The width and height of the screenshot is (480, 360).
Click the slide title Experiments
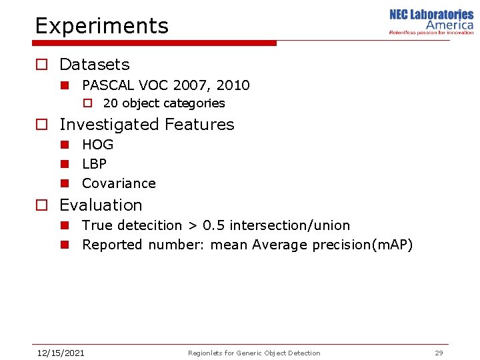point(101,26)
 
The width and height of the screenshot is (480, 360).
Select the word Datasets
point(94,65)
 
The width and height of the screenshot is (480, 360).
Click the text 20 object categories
point(164,103)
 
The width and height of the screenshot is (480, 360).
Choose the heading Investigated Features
point(147,125)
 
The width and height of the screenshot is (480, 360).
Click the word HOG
point(97,145)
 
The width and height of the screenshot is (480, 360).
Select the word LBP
point(94,164)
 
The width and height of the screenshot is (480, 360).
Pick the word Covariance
point(119,183)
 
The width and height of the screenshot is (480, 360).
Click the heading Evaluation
point(101,205)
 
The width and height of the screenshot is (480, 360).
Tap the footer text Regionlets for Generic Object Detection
point(254,353)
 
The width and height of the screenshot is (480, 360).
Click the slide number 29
point(439,353)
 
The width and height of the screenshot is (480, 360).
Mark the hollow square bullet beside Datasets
point(41,65)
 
